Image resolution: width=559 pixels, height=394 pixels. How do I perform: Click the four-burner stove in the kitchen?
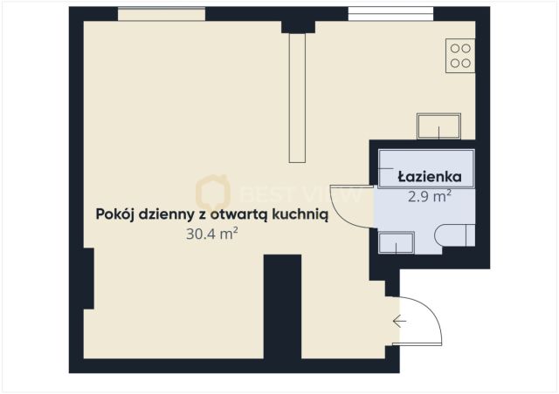[x=460, y=56]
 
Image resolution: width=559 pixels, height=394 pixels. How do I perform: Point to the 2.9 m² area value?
[x=429, y=197]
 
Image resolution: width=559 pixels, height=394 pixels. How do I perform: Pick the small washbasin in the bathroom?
[x=397, y=242]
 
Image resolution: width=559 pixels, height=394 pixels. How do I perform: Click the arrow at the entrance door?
[x=399, y=322]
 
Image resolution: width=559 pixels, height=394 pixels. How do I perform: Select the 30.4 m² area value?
[x=211, y=234]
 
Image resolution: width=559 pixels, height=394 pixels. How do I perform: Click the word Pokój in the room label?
[x=115, y=214]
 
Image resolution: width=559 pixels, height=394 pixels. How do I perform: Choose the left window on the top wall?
[x=162, y=14]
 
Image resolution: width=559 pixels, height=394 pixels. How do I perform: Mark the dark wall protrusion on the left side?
[x=86, y=277]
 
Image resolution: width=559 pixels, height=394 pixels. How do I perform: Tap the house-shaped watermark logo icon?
[x=212, y=192]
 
